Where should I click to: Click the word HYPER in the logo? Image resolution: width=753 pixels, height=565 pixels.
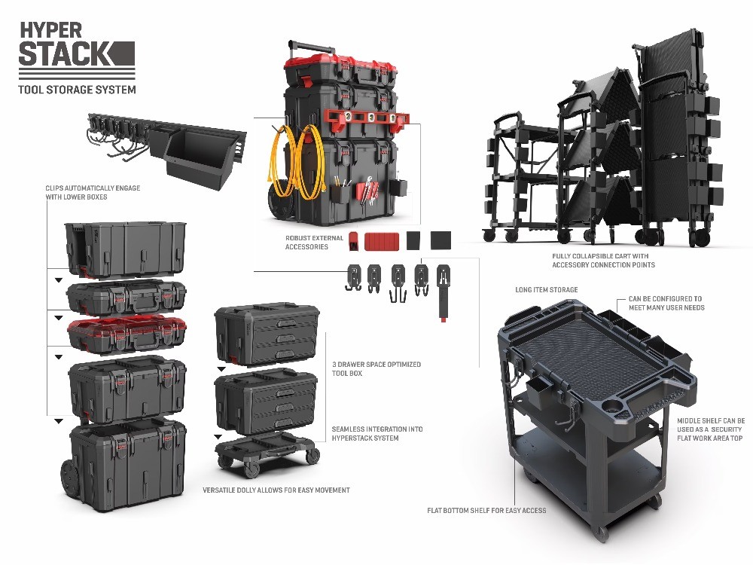coord(50,29)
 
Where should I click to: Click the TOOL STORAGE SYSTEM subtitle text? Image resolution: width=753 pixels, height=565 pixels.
coord(77,90)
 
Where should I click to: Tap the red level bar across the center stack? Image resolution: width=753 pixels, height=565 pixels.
coord(365,118)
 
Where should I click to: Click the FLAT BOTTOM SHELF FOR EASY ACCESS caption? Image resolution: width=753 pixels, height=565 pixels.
coord(486,510)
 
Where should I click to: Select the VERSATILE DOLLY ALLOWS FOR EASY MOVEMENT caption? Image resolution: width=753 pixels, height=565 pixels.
coord(276,490)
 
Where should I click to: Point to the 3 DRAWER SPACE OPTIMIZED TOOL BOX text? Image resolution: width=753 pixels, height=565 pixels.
coord(376,368)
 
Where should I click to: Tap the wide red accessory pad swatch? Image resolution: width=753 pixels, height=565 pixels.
coord(382,241)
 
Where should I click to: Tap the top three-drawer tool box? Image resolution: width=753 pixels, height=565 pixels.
coord(266,331)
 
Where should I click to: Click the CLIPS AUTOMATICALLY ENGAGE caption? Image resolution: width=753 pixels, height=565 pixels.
coord(92,192)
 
